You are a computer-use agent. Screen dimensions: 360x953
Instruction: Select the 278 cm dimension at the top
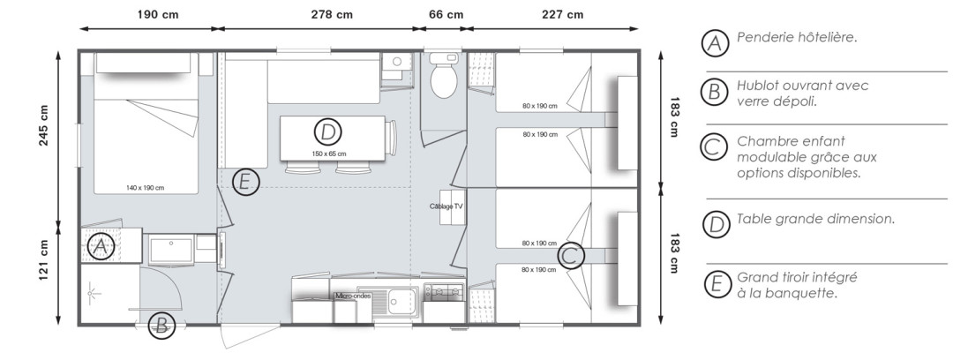click(x=333, y=14)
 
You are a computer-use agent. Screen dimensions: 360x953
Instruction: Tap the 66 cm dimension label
click(x=445, y=14)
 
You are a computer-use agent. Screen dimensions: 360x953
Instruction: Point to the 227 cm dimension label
click(x=562, y=14)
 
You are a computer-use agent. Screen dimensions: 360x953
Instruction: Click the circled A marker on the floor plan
click(x=101, y=247)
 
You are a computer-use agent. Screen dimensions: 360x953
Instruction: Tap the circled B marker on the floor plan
click(x=161, y=326)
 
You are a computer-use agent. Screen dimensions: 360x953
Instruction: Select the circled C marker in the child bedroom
click(x=570, y=256)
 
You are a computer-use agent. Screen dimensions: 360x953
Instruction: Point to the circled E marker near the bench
click(x=247, y=183)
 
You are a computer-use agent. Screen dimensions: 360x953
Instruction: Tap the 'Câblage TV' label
click(x=446, y=206)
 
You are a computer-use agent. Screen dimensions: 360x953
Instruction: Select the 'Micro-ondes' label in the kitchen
click(x=353, y=296)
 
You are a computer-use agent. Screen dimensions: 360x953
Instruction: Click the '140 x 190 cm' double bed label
click(x=146, y=187)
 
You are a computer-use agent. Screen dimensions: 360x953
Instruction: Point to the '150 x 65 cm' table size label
click(x=328, y=154)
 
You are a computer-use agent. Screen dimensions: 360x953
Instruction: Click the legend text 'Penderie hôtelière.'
click(x=797, y=38)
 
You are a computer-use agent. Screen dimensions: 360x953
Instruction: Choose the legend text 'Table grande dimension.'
click(x=815, y=218)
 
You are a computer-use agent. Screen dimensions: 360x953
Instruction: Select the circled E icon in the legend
click(x=716, y=284)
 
